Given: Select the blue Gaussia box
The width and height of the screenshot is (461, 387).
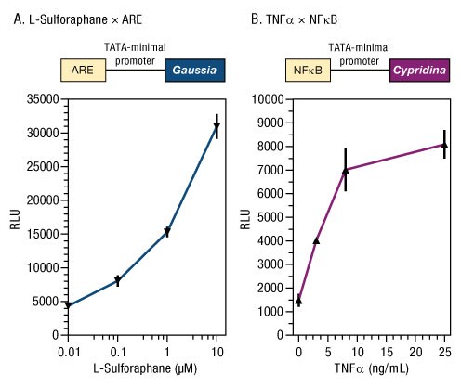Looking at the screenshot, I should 194,69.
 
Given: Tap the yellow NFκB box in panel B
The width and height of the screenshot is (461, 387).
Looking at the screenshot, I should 308,69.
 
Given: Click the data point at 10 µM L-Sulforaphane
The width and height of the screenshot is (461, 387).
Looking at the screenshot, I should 217,126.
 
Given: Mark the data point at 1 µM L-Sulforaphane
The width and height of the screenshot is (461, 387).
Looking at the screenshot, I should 167,232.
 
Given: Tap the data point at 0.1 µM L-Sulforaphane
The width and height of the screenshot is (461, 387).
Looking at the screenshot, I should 117,280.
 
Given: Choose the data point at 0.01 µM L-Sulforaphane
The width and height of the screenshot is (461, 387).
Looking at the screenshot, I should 68,304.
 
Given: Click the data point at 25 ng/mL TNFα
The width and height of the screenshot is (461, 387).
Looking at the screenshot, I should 444,145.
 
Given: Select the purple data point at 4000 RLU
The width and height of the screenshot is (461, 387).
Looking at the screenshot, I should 316,240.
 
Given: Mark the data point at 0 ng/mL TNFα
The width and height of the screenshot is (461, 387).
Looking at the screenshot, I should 298,301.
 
